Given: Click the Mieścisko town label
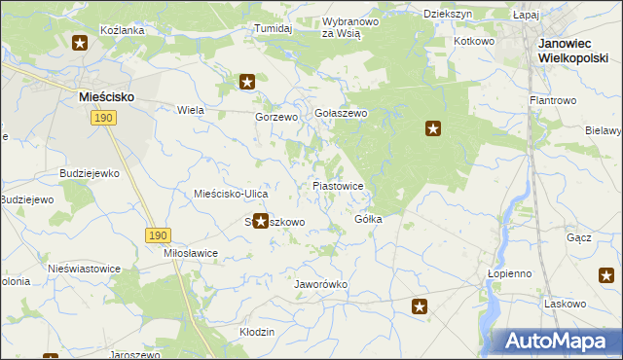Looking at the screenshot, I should [106, 97].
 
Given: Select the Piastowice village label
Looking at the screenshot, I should [338, 185].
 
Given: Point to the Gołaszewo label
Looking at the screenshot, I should [340, 114].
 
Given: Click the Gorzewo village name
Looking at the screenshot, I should [275, 117].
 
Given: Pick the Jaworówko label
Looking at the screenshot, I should [321, 284].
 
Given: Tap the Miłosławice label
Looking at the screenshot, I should [191, 252].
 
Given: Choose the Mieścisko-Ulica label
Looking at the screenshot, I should [225, 194].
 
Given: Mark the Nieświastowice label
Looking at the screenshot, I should [84, 268].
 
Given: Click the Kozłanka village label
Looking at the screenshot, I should [123, 30].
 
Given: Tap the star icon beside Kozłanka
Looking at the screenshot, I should [80, 42].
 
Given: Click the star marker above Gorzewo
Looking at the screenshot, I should [247, 82].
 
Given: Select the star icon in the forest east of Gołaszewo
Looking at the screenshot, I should [433, 127].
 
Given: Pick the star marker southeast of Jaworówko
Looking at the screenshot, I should [420, 307].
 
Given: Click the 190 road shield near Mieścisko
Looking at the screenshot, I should [104, 118].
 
